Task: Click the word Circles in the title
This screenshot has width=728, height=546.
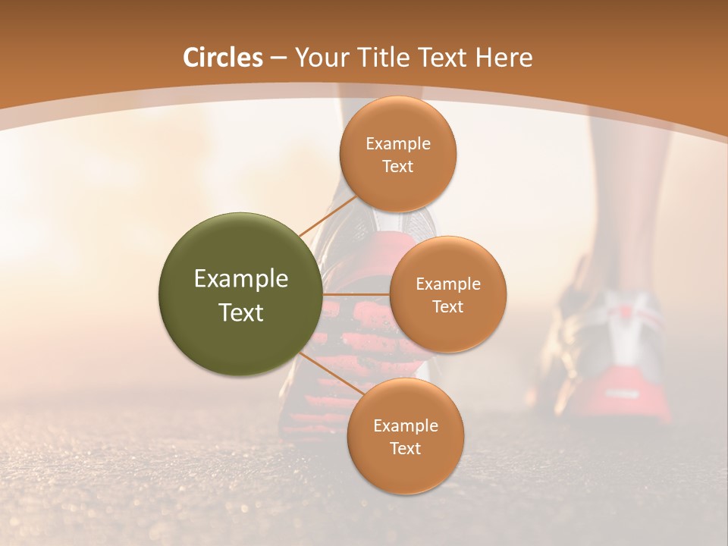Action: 223,58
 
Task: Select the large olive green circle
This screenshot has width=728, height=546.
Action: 240,294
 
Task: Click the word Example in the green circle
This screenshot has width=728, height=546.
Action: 240,279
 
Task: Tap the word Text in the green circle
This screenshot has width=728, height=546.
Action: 240,312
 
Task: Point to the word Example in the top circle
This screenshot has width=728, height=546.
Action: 398,144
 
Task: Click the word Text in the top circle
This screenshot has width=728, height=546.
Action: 398,167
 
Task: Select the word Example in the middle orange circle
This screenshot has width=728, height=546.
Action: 448,284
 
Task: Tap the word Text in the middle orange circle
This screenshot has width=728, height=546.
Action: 448,307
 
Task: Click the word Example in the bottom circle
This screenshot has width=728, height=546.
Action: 405,426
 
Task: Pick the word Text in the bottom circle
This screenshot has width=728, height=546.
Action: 405,449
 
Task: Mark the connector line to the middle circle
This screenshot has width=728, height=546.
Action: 356,294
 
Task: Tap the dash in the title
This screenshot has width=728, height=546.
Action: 278,58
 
